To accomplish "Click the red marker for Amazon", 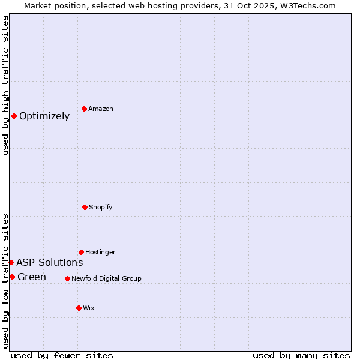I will tap(84, 109).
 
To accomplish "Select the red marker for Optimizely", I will tap(14, 116).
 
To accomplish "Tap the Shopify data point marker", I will tap(85, 207).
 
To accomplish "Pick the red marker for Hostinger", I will tap(81, 252).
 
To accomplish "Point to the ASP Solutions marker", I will tap(11, 262).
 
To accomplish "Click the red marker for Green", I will tap(12, 277).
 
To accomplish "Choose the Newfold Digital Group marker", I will tap(67, 278).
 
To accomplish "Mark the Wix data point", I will tap(79, 308).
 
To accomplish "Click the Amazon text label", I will tap(101, 109).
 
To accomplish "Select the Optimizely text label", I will tap(44, 116).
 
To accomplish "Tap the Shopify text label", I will tap(101, 207).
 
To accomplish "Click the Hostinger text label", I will tap(100, 252).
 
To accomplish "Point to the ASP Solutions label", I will tap(49, 262).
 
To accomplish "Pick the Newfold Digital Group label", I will tap(106, 278).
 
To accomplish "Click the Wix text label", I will tap(89, 308).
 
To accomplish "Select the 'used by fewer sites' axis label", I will tap(62, 355).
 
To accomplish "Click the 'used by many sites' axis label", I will tap(301, 355).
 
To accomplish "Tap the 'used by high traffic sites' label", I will tap(5, 85).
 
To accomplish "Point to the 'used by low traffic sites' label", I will tap(5, 280).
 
